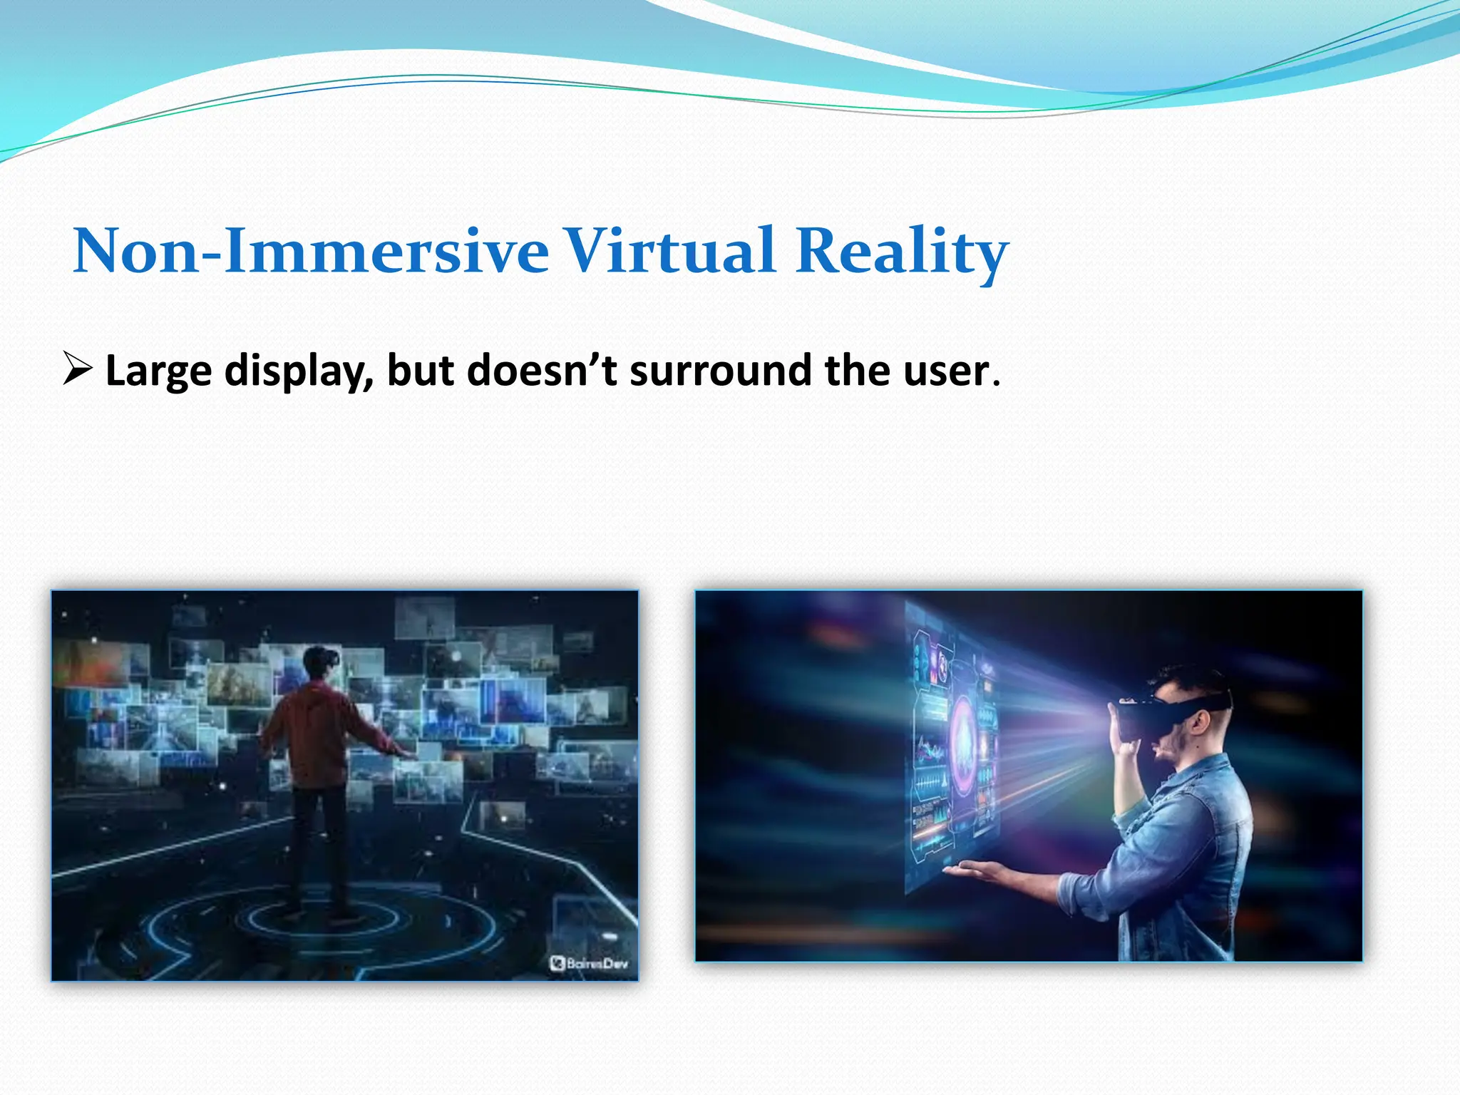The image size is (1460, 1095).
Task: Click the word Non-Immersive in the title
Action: pos(311,251)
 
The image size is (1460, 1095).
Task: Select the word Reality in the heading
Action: pos(902,251)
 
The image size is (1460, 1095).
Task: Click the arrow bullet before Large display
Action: pos(77,369)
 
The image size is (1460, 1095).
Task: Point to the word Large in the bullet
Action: pos(158,371)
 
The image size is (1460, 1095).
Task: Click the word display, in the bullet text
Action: pos(299,371)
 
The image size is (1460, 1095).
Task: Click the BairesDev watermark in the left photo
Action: pos(590,964)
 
